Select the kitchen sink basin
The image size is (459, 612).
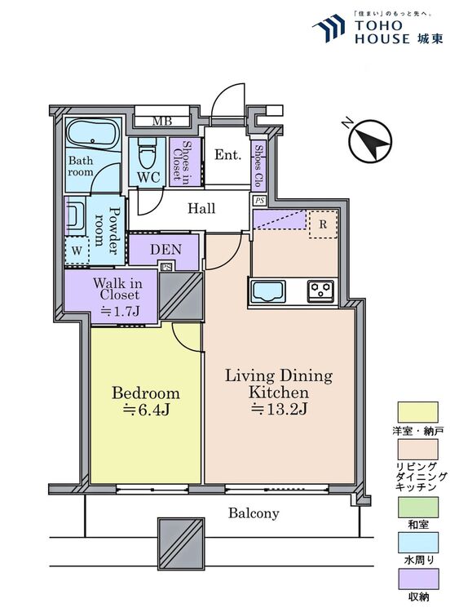click(268, 291)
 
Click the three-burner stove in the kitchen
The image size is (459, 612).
click(320, 291)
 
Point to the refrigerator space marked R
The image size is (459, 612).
click(323, 224)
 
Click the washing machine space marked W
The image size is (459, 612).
click(77, 251)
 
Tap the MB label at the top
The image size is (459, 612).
click(162, 121)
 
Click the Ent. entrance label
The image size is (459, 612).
click(227, 155)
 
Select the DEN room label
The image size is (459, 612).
click(166, 250)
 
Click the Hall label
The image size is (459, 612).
click(201, 208)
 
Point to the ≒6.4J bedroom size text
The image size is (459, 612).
click(147, 410)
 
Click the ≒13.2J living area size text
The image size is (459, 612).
click(279, 409)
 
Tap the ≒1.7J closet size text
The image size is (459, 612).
click(121, 311)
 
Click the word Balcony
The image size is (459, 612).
click(254, 513)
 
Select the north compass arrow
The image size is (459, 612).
click(370, 141)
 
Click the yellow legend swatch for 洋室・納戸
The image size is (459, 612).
click(417, 412)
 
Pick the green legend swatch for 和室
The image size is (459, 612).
click(417, 507)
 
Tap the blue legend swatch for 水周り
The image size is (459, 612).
click(417, 543)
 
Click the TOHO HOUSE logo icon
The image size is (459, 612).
click(330, 28)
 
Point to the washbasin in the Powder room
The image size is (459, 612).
click(75, 215)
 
